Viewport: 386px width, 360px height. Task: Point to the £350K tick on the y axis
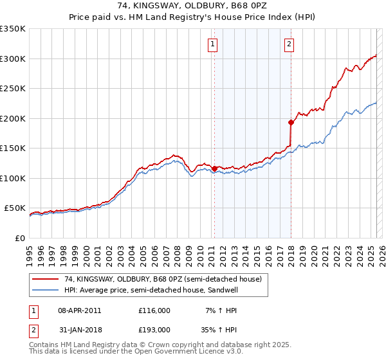click(x=13, y=29)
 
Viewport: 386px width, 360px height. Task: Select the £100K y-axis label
click(x=13, y=178)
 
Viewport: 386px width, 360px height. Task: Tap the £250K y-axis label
click(x=13, y=89)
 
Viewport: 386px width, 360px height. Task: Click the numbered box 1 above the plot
click(x=213, y=44)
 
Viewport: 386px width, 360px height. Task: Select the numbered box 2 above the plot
click(x=289, y=44)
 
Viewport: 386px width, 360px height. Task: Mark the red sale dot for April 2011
click(x=214, y=168)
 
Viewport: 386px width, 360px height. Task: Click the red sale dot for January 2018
click(x=291, y=122)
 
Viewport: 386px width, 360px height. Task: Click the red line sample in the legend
click(x=46, y=280)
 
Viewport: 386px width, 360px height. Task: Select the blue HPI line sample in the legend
click(x=46, y=291)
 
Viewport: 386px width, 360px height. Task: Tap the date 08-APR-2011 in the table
click(x=80, y=310)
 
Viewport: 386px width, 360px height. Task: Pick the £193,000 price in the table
click(x=154, y=329)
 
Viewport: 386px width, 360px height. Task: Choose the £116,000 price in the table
click(x=154, y=310)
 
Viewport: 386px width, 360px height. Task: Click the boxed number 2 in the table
click(x=33, y=329)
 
